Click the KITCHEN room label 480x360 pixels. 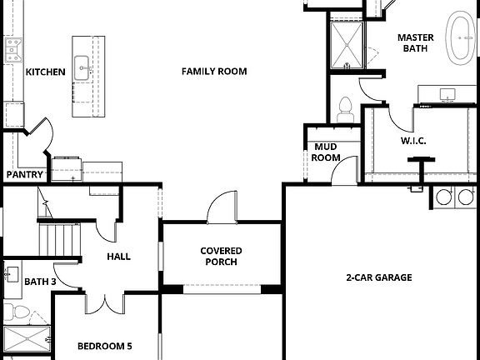tap(45, 72)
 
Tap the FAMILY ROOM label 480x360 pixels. tap(214, 72)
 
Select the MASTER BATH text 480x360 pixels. tap(414, 42)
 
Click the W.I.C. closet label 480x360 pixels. tap(413, 141)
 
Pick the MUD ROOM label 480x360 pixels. tap(325, 152)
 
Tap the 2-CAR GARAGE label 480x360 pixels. tap(379, 277)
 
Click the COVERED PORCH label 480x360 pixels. tap(221, 256)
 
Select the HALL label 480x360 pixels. tap(118, 257)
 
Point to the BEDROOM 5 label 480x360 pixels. tap(104, 346)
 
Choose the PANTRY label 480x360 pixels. tap(24, 175)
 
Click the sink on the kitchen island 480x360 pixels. tap(82, 67)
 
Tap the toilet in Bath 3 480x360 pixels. tap(17, 312)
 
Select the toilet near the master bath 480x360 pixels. tap(346, 107)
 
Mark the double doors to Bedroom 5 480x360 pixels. tap(106, 302)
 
